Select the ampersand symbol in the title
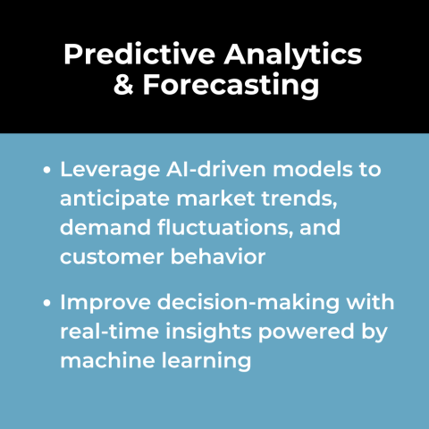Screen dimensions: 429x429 (121, 88)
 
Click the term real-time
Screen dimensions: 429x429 (105, 332)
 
